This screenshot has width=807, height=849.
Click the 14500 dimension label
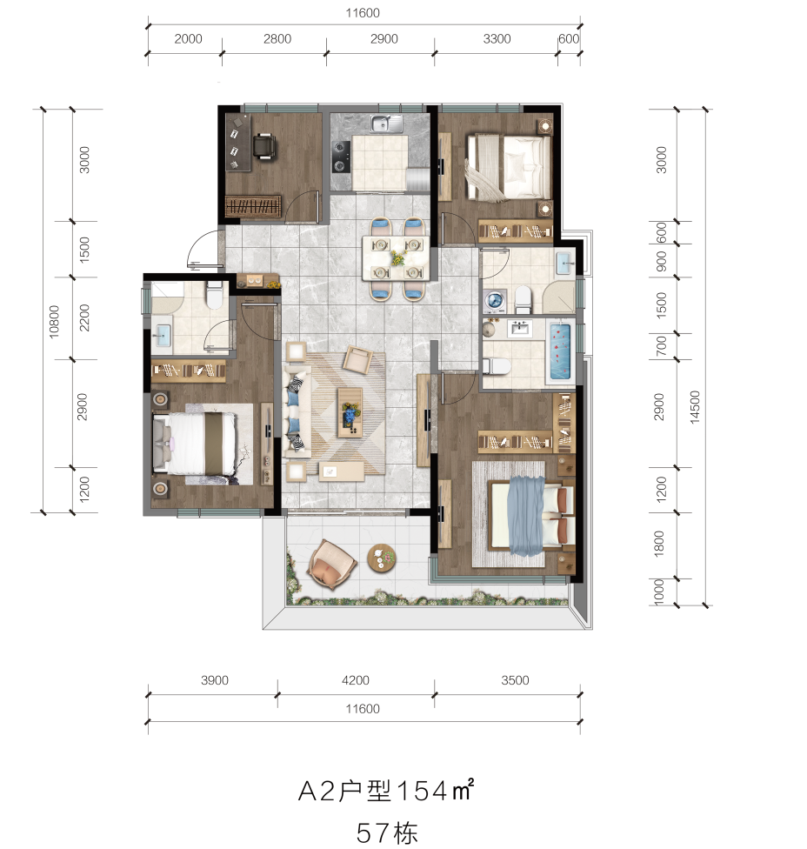coord(695,406)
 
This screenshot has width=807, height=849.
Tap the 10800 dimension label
coord(54,322)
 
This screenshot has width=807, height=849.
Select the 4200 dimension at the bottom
coord(355,680)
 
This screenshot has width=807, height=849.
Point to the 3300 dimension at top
coord(497,39)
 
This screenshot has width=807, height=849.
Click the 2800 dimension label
coord(277,39)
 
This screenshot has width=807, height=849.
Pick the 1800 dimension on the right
coord(658,543)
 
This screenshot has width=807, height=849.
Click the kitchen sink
coord(386,124)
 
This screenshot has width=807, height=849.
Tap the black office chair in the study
coord(264,147)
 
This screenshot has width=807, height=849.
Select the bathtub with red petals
coord(560,351)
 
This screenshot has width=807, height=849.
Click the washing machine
coord(495,302)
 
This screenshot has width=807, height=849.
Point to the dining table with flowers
coord(396,257)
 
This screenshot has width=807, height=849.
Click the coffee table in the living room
coord(350,412)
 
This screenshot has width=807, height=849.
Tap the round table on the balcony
coord(382,558)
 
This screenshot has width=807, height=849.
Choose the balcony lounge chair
coord(331,565)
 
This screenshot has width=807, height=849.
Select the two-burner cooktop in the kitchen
coord(341,156)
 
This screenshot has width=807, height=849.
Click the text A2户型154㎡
coord(386,791)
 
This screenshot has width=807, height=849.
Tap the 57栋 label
coord(386,832)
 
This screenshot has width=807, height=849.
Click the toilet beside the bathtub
coord(497,366)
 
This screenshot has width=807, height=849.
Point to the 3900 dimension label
coord(214,680)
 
